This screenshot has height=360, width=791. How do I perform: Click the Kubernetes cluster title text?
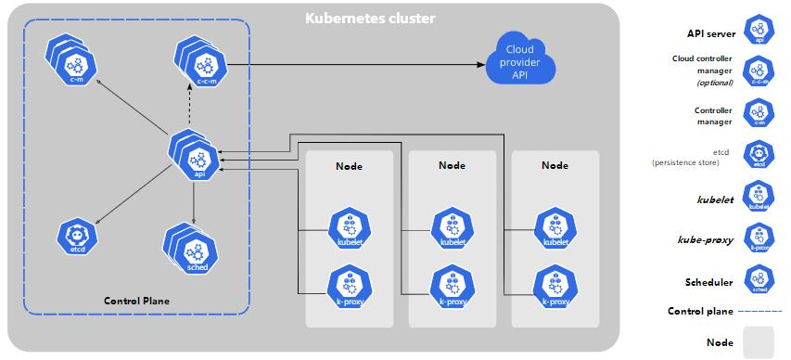[x=370, y=18]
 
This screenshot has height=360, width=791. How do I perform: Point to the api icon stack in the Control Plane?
[x=197, y=154]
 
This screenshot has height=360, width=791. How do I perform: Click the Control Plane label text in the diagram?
[x=136, y=301]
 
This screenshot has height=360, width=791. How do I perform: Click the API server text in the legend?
[x=710, y=32]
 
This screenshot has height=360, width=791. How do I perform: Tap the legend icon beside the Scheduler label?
[x=759, y=282]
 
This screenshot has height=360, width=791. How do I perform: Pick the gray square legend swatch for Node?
[x=758, y=341]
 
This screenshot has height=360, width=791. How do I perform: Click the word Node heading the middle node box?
[x=452, y=165]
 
